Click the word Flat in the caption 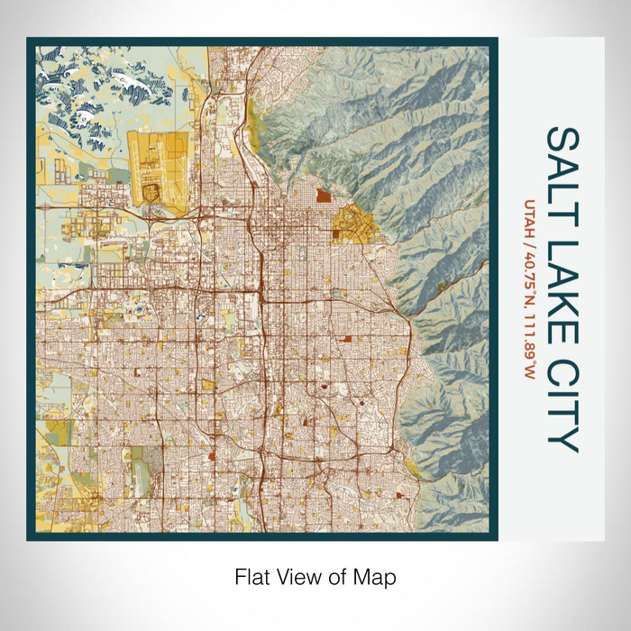(253, 575)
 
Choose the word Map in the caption (377, 575)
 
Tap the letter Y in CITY (562, 440)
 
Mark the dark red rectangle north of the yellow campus (324, 194)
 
